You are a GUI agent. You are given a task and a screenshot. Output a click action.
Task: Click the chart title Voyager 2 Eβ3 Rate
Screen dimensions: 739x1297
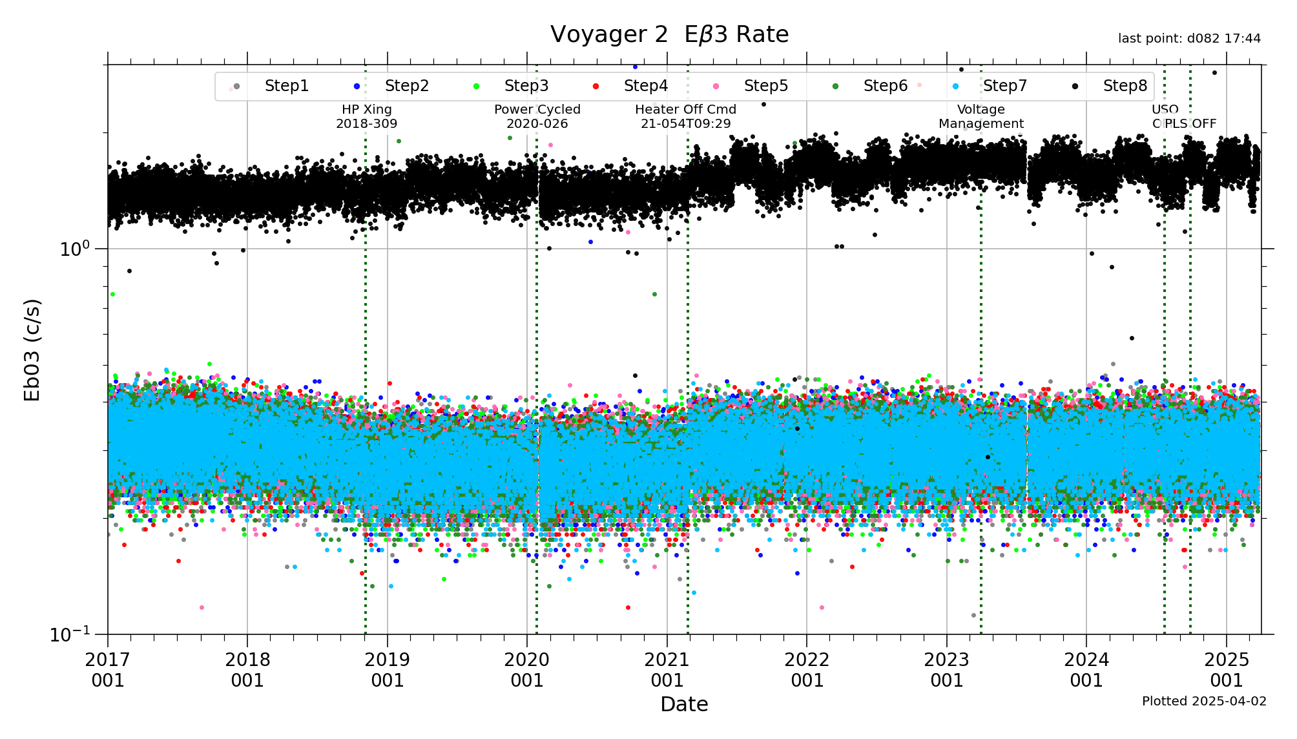[669, 34]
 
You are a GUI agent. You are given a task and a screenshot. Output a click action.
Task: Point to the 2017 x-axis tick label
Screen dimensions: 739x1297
[108, 669]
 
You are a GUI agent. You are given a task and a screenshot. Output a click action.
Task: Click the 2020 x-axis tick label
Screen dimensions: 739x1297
[527, 669]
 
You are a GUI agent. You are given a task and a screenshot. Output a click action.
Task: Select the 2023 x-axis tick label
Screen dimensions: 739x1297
[947, 669]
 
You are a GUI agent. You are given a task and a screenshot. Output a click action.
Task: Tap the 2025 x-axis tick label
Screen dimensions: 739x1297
[1227, 669]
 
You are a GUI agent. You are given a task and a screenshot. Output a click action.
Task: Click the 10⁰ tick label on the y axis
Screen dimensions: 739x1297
[75, 249]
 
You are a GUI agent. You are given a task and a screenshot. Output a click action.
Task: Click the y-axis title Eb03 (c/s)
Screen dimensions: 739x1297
[32, 349]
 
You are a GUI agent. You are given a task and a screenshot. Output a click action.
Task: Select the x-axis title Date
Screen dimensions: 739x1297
[684, 704]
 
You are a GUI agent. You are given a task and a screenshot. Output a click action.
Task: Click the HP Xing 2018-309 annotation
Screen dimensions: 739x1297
[367, 116]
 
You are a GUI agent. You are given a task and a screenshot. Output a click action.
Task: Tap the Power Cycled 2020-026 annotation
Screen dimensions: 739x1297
[537, 116]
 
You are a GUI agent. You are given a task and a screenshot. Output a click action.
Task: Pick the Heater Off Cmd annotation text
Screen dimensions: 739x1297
[686, 116]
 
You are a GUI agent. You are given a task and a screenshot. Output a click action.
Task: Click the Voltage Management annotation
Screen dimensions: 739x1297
[981, 116]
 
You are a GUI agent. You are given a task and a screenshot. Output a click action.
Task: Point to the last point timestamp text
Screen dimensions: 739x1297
[1189, 39]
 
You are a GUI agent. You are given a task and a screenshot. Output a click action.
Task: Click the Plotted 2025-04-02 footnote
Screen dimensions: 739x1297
[1204, 701]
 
